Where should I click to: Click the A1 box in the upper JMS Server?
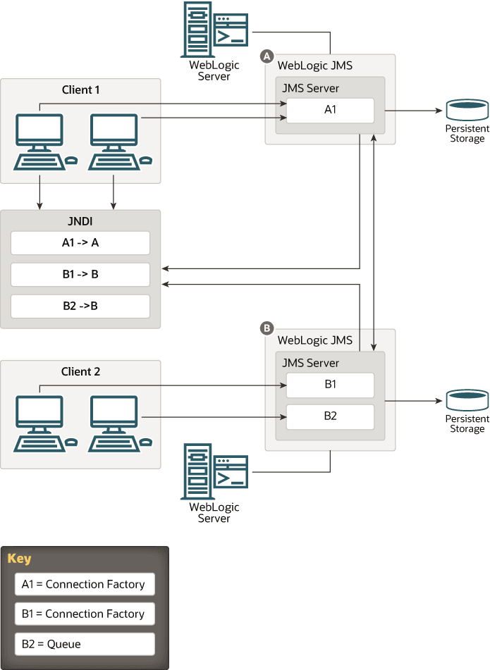tap(330, 111)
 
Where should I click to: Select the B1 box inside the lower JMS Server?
tap(330, 385)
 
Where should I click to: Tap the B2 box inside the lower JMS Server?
tap(330, 416)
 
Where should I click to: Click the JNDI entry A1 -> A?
tap(80, 243)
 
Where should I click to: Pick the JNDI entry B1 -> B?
tap(80, 274)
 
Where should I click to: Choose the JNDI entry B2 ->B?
tap(80, 306)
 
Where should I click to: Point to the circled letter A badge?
tap(267, 55)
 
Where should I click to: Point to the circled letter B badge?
tap(267, 328)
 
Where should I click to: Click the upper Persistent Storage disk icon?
tap(467, 111)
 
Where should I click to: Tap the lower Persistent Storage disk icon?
tap(467, 400)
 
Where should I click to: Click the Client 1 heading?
tap(81, 90)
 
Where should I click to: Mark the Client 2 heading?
tap(81, 371)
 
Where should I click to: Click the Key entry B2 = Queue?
tap(85, 644)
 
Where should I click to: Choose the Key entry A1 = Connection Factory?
tap(85, 584)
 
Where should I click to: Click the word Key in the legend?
tap(19, 559)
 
